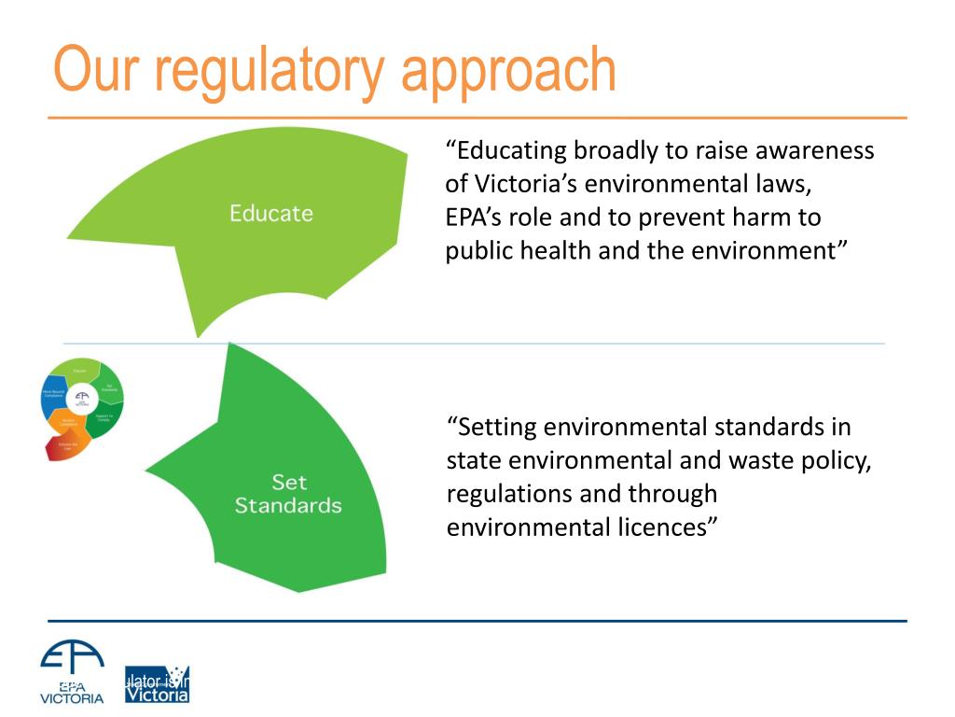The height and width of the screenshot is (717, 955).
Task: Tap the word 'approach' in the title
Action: click(508, 71)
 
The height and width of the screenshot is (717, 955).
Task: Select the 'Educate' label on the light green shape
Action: click(271, 213)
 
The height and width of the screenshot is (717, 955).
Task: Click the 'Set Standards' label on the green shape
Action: click(288, 494)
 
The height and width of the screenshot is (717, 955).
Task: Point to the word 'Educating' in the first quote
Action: click(507, 151)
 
